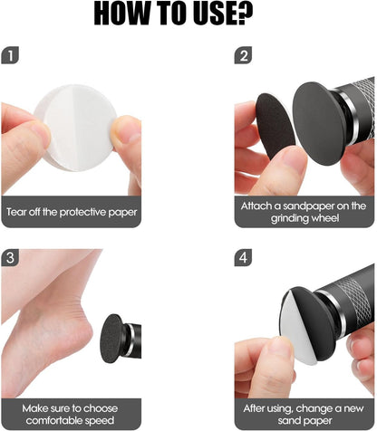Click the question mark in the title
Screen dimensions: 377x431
[245, 13]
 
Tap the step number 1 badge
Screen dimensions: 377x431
[10, 55]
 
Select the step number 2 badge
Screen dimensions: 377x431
[243, 55]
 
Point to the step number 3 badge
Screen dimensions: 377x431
[10, 257]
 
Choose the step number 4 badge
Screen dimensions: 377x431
[243, 257]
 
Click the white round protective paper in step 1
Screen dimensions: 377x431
[75, 128]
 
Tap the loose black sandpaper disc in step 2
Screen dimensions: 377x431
[275, 126]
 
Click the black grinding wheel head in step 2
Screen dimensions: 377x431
[319, 123]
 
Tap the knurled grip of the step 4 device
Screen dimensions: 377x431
[358, 302]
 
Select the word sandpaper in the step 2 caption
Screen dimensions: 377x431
[308, 206]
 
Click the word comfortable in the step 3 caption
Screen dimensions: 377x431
[54, 420]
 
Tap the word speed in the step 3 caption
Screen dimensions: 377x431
[100, 421]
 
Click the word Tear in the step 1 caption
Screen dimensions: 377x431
[16, 212]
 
